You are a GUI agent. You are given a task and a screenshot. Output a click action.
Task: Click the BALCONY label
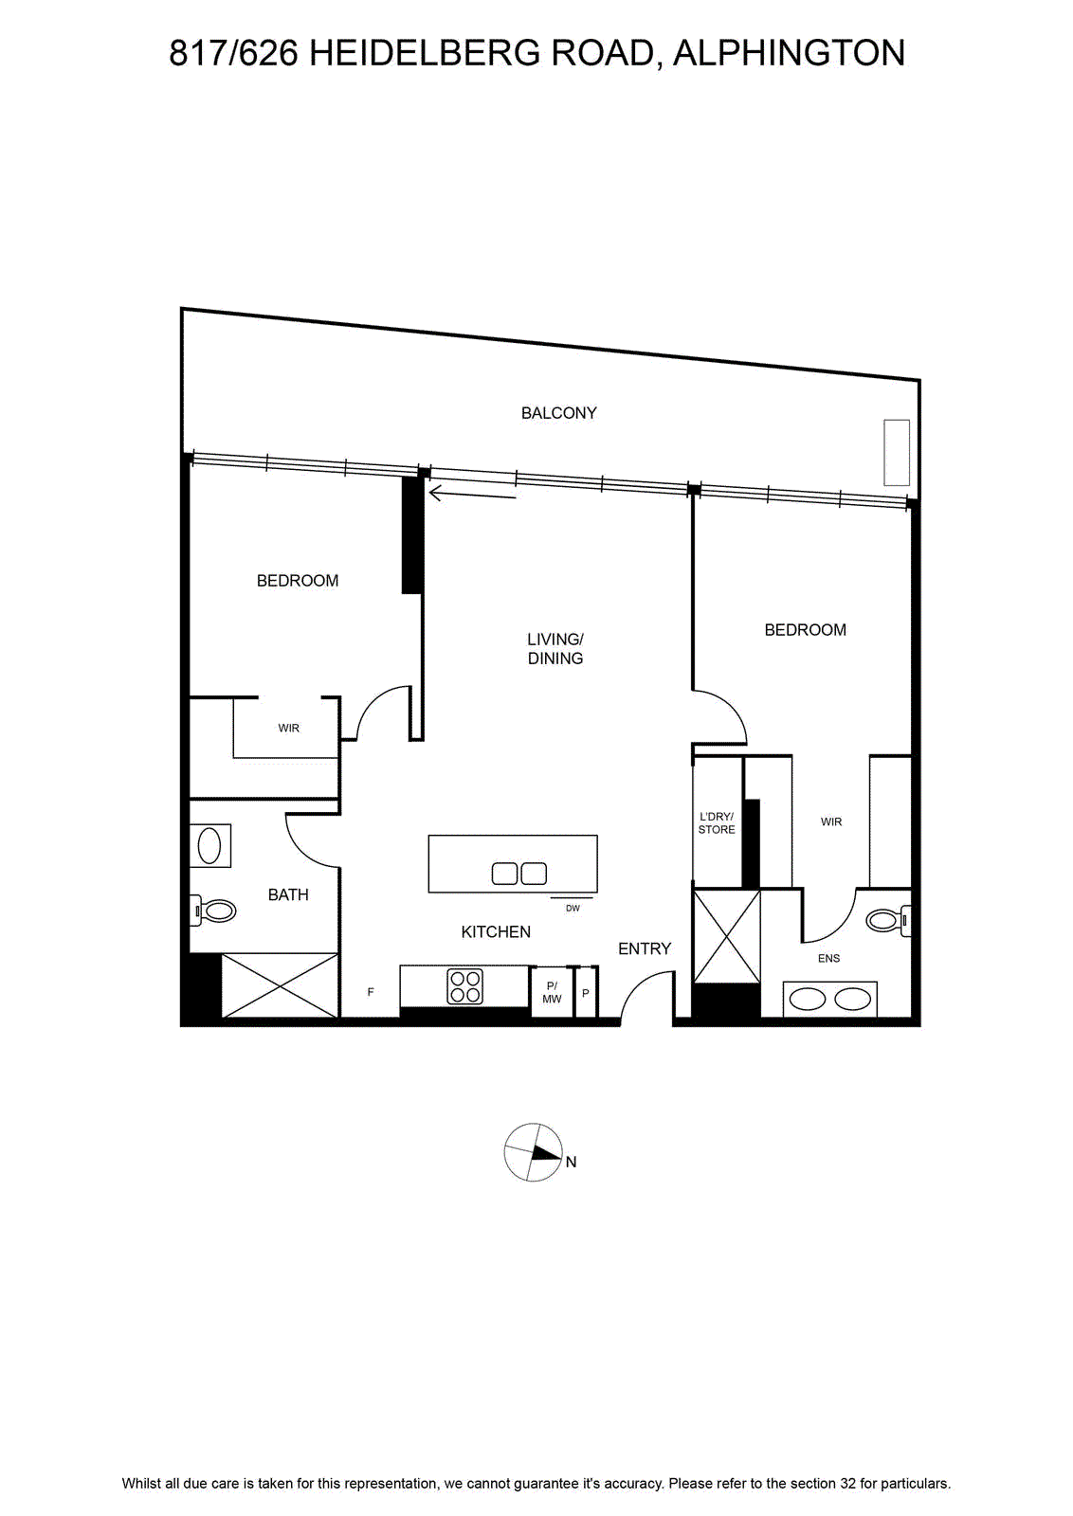point(558,413)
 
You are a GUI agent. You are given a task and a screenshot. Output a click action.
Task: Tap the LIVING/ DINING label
point(555,648)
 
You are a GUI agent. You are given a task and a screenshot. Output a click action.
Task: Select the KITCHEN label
point(496,932)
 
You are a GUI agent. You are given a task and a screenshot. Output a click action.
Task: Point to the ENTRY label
point(645,948)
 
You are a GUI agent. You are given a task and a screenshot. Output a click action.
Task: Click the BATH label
point(288,894)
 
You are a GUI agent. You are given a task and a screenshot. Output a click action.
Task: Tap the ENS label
point(828,958)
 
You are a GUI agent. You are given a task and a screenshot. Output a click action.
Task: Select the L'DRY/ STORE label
point(717,823)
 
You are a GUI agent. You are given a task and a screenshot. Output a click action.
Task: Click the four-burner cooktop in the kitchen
point(465,986)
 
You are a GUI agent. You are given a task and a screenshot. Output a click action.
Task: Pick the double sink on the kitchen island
point(519,874)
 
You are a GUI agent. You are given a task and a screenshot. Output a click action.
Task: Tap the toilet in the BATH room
point(213,911)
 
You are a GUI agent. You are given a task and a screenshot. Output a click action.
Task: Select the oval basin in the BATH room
point(209,845)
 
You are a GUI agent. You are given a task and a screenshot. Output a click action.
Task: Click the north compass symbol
point(534,1152)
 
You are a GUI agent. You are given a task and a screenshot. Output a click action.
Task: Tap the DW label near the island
point(573,909)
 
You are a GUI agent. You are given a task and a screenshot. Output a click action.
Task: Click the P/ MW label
point(552,993)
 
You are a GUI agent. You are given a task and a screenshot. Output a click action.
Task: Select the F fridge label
point(371,992)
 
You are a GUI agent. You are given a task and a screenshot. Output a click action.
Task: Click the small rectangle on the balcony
point(897,452)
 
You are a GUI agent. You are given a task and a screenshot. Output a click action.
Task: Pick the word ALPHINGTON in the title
point(789,53)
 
